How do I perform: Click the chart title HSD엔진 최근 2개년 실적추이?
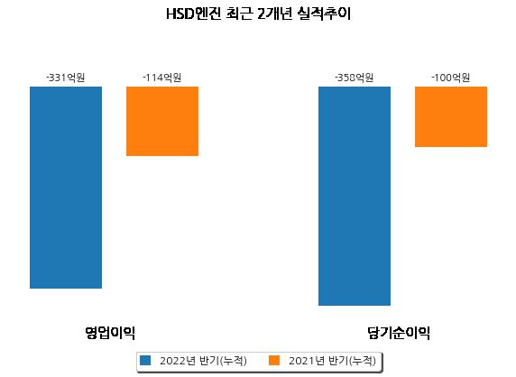tap(258, 14)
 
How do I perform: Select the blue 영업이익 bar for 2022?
tap(66, 188)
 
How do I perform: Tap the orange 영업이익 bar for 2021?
tap(162, 121)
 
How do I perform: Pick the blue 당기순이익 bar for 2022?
tap(355, 196)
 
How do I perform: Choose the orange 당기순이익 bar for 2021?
tap(451, 116)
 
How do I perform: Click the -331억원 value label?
tap(66, 78)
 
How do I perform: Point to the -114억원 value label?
tap(162, 78)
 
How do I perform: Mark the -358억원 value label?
tap(355, 78)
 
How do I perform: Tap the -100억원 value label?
tap(451, 78)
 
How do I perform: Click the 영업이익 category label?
tap(110, 333)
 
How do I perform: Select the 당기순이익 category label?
tap(399, 333)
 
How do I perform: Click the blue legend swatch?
tap(145, 360)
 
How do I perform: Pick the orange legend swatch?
tap(274, 360)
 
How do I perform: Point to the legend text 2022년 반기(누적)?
tap(203, 361)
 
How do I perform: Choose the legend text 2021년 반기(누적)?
tap(332, 361)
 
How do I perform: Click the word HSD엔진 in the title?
tap(194, 14)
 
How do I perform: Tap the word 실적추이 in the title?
tap(324, 14)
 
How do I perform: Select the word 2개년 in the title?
tap(275, 14)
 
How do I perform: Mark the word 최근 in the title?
tap(239, 14)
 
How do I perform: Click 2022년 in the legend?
tap(178, 361)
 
